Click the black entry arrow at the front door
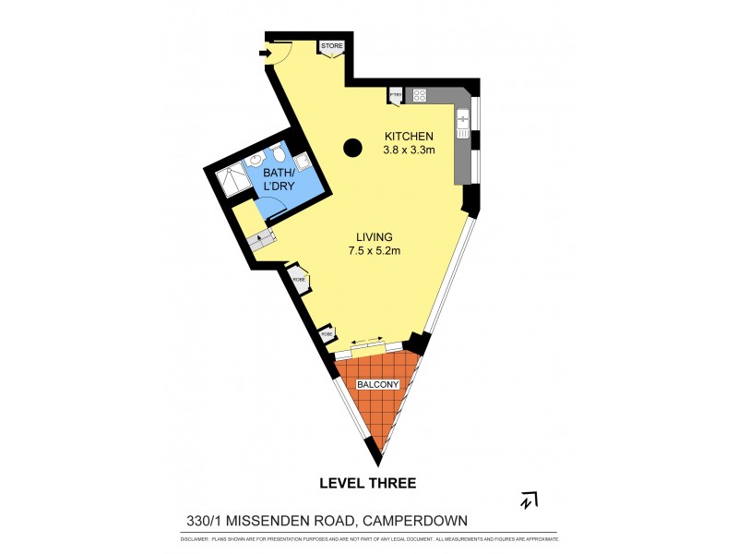point(266,54)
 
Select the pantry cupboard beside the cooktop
point(395,94)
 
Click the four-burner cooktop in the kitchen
point(419,94)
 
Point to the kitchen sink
point(463,120)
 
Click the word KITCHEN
point(409,137)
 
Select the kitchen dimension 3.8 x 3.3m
point(409,151)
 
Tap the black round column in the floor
point(352,147)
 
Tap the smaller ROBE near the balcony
point(326,333)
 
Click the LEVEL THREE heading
point(367,483)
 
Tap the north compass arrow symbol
point(529,500)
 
